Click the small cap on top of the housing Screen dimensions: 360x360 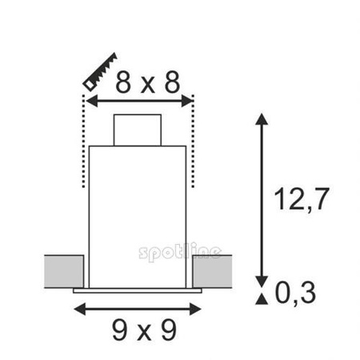pos(140,130)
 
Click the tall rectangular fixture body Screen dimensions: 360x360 pos(140,216)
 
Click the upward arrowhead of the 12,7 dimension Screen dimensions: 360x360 pos(261,120)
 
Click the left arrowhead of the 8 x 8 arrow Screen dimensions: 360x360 pos(90,100)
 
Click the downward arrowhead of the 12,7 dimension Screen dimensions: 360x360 pos(261,278)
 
